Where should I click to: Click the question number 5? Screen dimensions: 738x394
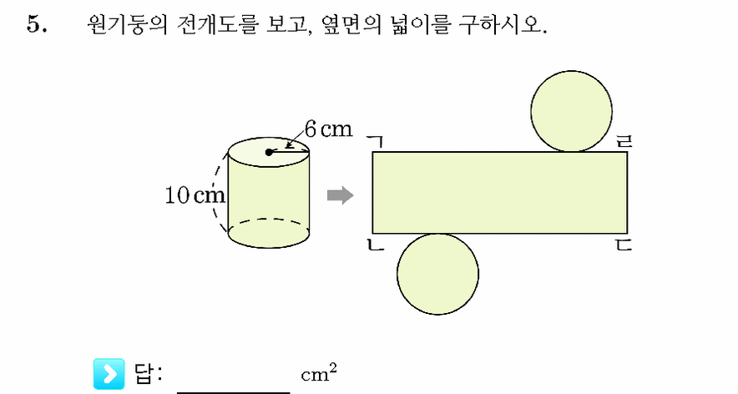point(37,24)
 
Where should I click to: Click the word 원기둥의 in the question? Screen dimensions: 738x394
point(127,24)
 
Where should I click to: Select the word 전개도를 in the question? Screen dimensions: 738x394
point(218,24)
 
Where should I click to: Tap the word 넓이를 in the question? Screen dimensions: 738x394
point(420,24)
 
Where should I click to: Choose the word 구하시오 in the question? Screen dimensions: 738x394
point(499,24)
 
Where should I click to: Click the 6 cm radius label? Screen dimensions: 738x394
point(328,129)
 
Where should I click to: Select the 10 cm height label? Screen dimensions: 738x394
point(195,194)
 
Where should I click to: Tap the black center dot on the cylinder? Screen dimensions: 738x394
point(269,152)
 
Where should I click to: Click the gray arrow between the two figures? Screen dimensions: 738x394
point(340,194)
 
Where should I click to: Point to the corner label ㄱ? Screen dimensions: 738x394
point(376,142)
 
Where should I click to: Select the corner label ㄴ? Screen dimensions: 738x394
point(376,245)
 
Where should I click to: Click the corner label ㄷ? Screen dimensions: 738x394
point(624,245)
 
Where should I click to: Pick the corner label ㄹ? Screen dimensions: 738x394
point(624,141)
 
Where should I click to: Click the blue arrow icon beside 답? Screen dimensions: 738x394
point(109,374)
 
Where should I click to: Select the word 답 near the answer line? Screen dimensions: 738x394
point(144,374)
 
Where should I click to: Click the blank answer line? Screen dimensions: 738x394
point(234,392)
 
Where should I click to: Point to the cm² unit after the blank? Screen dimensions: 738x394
point(319,373)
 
